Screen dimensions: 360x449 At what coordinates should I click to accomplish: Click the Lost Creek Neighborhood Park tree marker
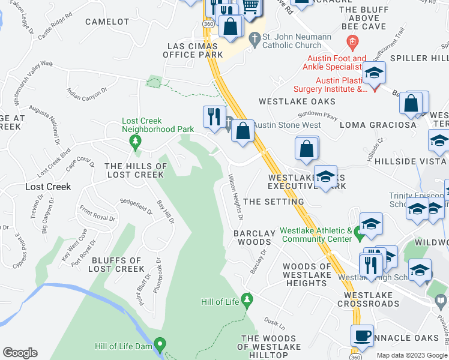pyautogui.click(x=136, y=141)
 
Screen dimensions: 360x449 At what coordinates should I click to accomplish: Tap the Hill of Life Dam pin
pyautogui.click(x=160, y=345)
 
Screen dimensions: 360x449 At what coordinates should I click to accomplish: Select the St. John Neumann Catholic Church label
pyautogui.click(x=298, y=41)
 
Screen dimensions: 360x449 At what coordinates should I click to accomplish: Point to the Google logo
pyautogui.click(x=20, y=353)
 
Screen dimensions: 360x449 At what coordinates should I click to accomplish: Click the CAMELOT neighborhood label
pyautogui.click(x=107, y=22)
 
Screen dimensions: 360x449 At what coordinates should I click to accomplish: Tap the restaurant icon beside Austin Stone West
pyautogui.click(x=214, y=116)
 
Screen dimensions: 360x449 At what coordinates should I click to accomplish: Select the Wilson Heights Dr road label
pyautogui.click(x=236, y=196)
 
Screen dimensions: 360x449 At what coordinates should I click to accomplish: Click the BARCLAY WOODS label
pyautogui.click(x=254, y=238)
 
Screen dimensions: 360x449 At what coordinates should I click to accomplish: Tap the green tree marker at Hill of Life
pyautogui.click(x=246, y=299)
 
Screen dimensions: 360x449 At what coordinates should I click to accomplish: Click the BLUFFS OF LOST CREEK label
pyautogui.click(x=117, y=265)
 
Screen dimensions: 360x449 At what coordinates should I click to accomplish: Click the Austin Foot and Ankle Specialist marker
pyautogui.click(x=352, y=42)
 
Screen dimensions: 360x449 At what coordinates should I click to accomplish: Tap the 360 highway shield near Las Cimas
pyautogui.click(x=208, y=23)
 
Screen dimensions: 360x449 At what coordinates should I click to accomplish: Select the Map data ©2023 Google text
pyautogui.click(x=411, y=355)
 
